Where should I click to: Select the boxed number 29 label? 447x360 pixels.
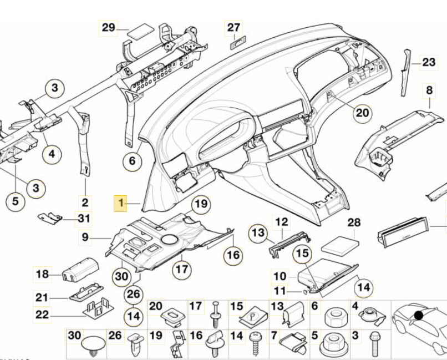pyautogui.click(x=108, y=27)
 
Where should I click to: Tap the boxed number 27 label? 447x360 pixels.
pyautogui.click(x=234, y=27)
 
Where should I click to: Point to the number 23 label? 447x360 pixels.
pyautogui.click(x=429, y=63)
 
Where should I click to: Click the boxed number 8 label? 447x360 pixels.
pyautogui.click(x=429, y=89)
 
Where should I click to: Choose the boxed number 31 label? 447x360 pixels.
pyautogui.click(x=83, y=219)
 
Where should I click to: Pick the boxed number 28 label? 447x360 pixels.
pyautogui.click(x=354, y=223)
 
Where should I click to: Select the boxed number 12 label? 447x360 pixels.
pyautogui.click(x=282, y=222)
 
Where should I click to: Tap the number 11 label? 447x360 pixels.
pyautogui.click(x=280, y=291)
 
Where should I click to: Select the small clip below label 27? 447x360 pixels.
pyautogui.click(x=238, y=43)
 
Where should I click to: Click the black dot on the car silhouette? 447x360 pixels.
pyautogui.click(x=418, y=316)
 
